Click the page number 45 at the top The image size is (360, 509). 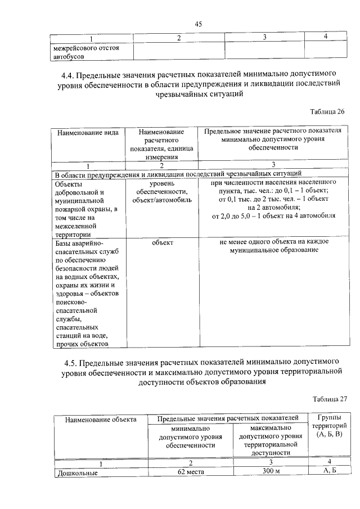pos(198,24)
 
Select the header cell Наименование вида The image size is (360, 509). pos(87,133)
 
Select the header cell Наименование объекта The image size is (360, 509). pos(101,419)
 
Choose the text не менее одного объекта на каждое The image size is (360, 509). pos(274,241)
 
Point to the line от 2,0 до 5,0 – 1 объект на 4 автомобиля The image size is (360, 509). pos(273,215)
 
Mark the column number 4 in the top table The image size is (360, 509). pos(325,37)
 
